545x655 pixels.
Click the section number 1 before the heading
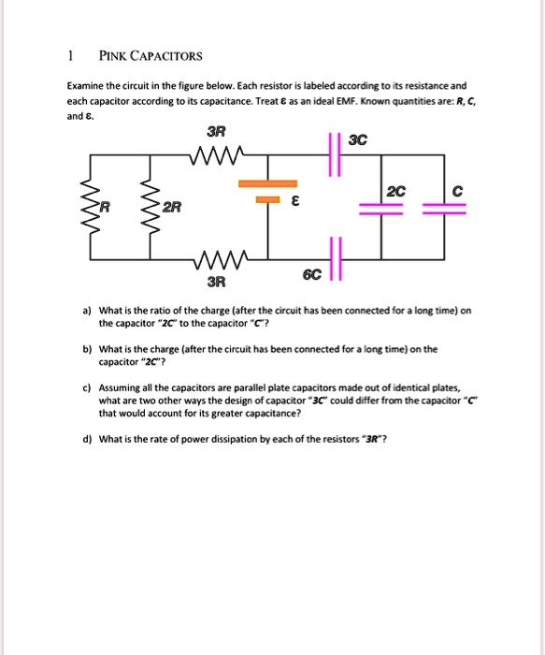[70, 55]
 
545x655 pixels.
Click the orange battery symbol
[268, 191]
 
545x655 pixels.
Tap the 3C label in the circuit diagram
[357, 142]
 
